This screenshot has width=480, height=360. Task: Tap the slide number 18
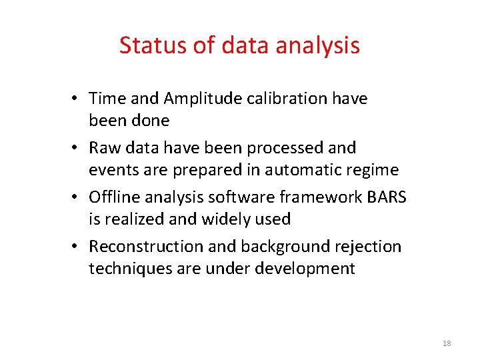pyautogui.click(x=447, y=343)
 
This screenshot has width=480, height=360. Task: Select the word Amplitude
pyautogui.click(x=195, y=99)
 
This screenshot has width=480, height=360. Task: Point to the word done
pyautogui.click(x=150, y=121)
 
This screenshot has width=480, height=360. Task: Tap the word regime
pyautogui.click(x=374, y=170)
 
